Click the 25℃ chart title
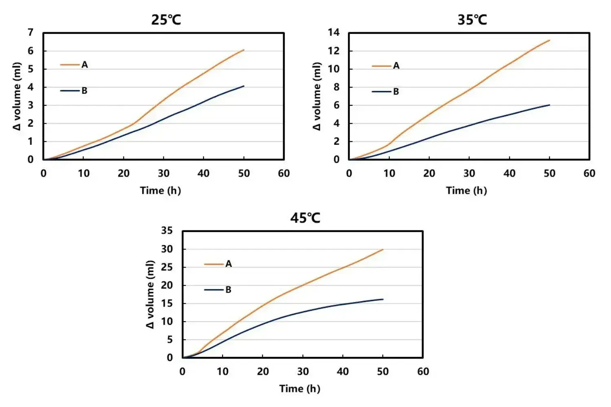(x=166, y=20)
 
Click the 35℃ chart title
(x=472, y=20)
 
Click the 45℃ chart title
(x=305, y=218)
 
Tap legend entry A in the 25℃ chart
(x=84, y=65)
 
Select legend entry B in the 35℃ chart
(x=396, y=92)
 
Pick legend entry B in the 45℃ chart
(x=228, y=290)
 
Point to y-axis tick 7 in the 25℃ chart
(x=31, y=33)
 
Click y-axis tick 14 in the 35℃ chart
(x=334, y=33)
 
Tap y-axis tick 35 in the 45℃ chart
(x=167, y=231)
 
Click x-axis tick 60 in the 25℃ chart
(x=284, y=173)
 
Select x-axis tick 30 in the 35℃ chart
(x=469, y=173)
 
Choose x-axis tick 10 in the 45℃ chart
(x=222, y=372)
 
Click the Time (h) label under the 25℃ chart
(x=160, y=190)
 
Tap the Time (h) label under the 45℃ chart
(x=300, y=389)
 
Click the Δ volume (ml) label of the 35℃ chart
(x=317, y=96)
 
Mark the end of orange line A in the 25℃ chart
(x=244, y=50)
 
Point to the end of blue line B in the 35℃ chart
(x=549, y=105)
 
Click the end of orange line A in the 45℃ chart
(x=383, y=249)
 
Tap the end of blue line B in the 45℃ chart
(x=383, y=300)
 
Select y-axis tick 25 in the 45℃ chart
(x=167, y=267)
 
